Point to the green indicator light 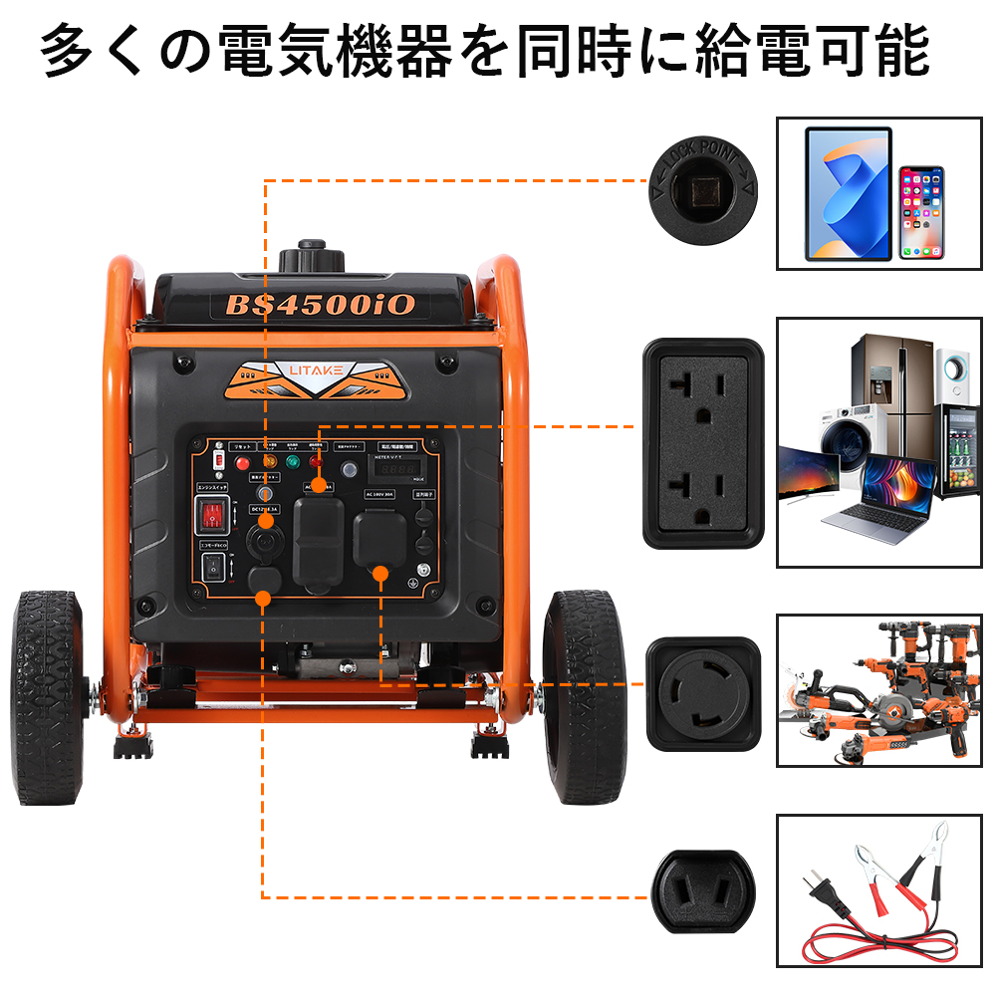(x=293, y=462)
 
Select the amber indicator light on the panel (x=268, y=461)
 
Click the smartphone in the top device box (x=921, y=212)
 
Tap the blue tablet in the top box (x=849, y=193)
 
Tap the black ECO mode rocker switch (x=211, y=568)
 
